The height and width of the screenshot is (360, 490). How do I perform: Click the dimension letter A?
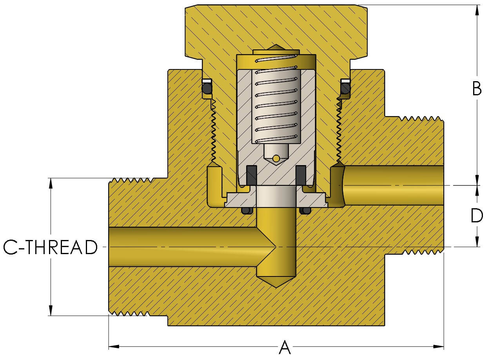[285, 347]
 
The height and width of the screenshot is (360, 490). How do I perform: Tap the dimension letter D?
[477, 216]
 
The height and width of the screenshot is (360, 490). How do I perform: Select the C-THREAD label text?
[50, 247]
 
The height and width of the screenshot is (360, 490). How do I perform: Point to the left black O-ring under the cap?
[207, 90]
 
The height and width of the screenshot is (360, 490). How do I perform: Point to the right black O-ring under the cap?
[345, 90]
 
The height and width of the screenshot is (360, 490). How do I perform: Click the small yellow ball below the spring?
[276, 158]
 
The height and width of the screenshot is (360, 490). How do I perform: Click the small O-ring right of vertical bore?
[305, 211]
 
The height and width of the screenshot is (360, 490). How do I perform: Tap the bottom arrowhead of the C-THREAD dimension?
[51, 311]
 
